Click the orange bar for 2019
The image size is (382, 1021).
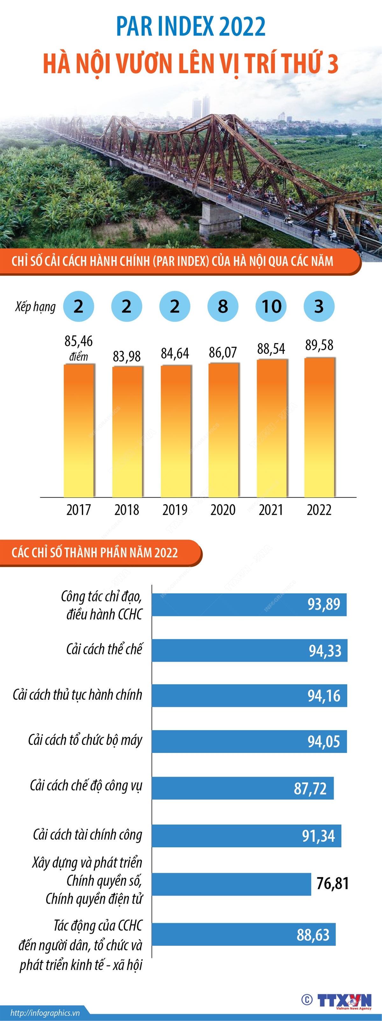[x=175, y=431]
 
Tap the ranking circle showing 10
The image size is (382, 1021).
[x=271, y=307]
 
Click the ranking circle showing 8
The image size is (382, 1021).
[x=223, y=307]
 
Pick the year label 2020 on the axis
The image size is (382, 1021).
[x=223, y=510]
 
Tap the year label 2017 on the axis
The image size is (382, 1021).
[x=79, y=510]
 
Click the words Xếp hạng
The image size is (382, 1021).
[x=35, y=307]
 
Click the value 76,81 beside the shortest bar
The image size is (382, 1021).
[x=332, y=883]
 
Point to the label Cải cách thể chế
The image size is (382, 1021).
[x=104, y=649]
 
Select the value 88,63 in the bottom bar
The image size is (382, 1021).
[x=313, y=935]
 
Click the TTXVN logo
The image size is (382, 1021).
[x=344, y=1000]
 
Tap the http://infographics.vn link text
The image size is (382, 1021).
[x=45, y=1013]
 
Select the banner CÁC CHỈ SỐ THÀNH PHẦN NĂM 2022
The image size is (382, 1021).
[x=95, y=553]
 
